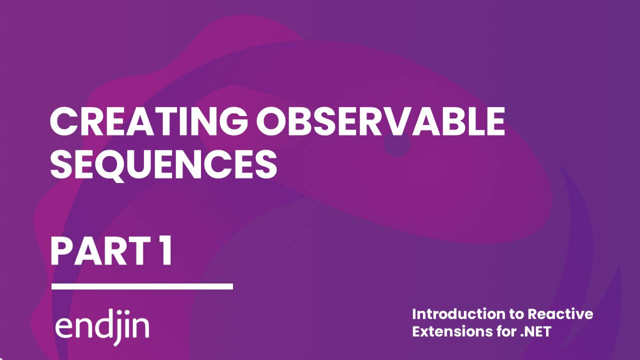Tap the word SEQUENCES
click(x=163, y=164)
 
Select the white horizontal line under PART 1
click(x=142, y=286)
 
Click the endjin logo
click(x=101, y=327)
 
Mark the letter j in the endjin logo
click(x=115, y=329)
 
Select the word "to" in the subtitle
click(x=517, y=314)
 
